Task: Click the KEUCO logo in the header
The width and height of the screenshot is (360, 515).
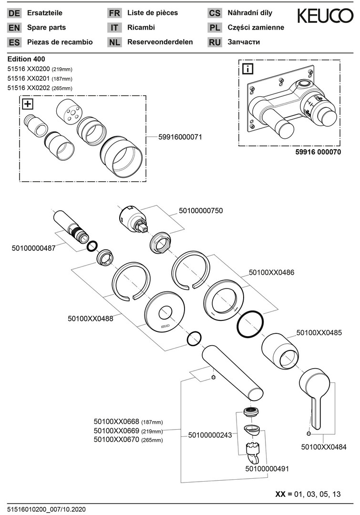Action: [326, 17]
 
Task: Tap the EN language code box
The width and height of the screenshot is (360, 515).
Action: [14, 28]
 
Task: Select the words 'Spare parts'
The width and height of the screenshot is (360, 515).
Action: [47, 28]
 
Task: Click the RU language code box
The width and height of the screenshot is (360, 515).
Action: [215, 42]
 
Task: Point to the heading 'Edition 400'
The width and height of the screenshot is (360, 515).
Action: [26, 59]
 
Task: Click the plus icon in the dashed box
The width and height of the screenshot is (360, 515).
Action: [28, 103]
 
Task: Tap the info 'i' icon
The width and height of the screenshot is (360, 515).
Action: [248, 69]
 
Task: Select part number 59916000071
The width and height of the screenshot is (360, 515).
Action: [180, 137]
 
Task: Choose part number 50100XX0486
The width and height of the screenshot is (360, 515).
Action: [271, 273]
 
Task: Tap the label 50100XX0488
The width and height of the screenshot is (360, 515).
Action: [91, 319]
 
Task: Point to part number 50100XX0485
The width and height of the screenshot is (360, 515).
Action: [319, 331]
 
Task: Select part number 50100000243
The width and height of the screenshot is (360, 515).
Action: [210, 434]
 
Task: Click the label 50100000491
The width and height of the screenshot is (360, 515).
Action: [267, 469]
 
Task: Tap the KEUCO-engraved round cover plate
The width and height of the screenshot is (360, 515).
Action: [164, 314]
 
